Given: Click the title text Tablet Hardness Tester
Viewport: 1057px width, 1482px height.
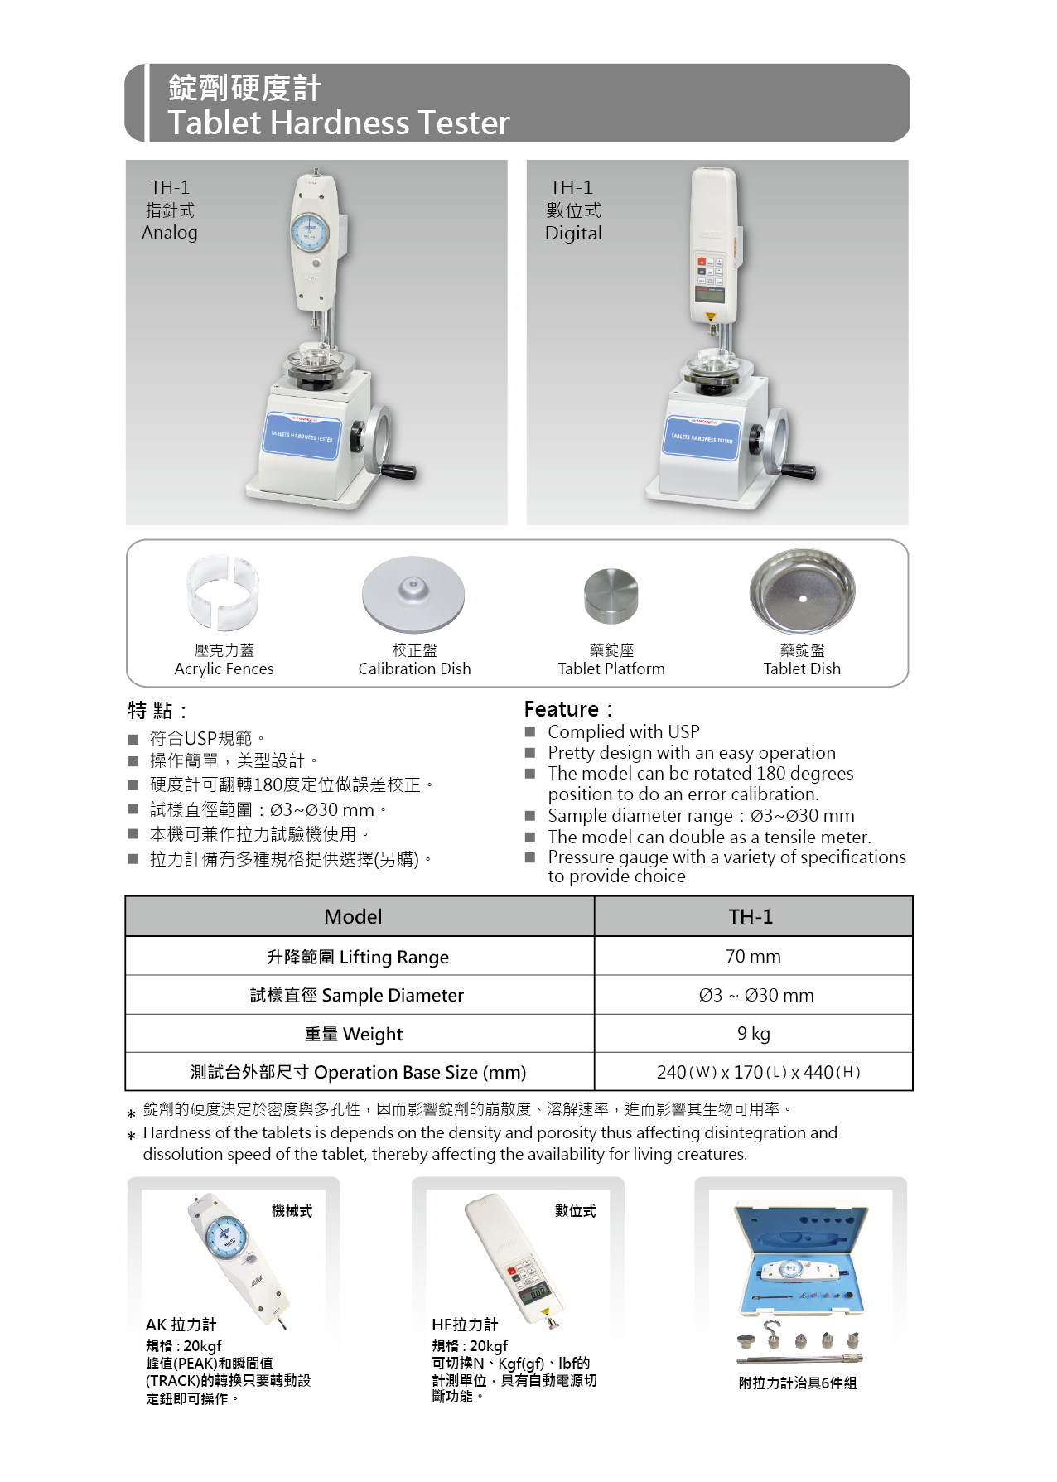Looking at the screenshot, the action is (338, 123).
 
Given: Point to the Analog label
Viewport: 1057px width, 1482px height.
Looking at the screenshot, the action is (170, 233).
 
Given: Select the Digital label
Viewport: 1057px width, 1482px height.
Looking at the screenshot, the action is (573, 234).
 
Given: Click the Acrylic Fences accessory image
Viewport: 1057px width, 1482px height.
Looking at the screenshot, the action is (223, 592).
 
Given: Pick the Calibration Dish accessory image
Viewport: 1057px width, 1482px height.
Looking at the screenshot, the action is (413, 594).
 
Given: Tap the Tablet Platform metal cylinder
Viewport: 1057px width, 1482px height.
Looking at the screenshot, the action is (611, 596).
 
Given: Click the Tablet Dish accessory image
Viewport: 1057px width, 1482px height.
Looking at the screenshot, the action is (802, 591).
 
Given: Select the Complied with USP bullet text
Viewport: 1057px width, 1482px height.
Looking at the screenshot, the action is (624, 731).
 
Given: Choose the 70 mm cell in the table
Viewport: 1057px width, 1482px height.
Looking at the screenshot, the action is (753, 956).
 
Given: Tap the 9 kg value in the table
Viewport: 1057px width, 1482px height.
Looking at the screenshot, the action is (753, 1034).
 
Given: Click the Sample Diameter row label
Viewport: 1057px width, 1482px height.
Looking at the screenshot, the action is (357, 995).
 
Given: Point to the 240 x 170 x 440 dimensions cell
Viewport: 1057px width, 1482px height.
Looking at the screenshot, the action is (758, 1072).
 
